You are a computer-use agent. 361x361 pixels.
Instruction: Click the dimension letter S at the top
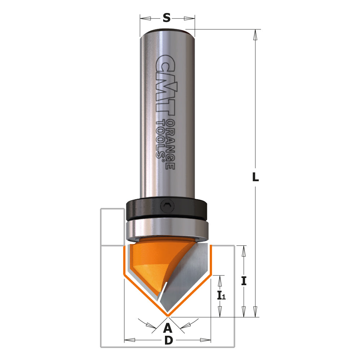point(166,18)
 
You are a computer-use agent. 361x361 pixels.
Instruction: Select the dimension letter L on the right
point(255,177)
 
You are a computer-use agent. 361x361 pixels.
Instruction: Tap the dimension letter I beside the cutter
point(244,281)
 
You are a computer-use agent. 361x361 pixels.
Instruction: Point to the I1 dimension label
point(221,296)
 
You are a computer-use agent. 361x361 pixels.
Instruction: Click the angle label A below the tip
point(167,328)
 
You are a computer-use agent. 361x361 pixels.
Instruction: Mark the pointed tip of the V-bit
point(168,315)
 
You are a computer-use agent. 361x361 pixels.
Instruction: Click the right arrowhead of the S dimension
point(190,18)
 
